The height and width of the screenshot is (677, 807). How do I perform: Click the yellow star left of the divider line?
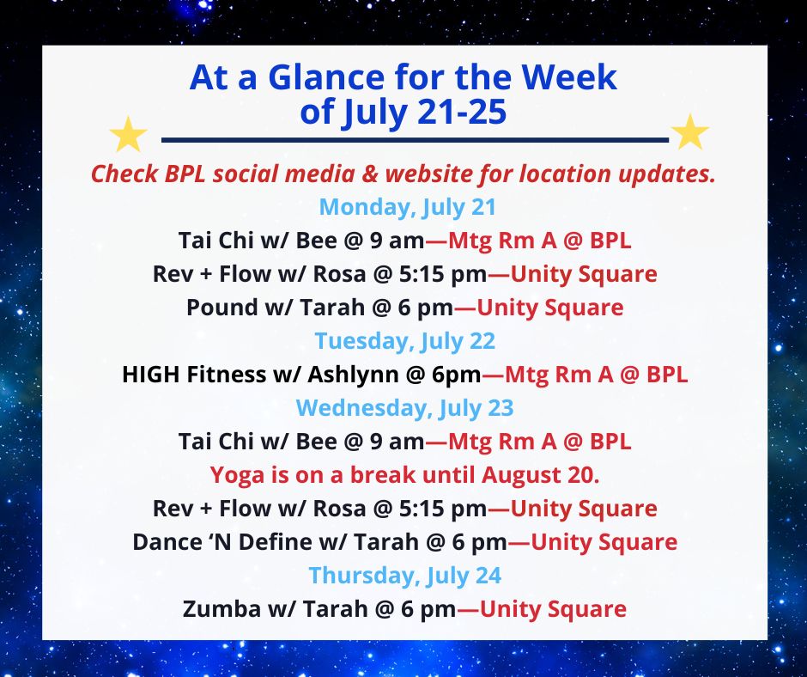tap(128, 134)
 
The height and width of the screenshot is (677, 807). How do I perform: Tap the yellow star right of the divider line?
tap(690, 132)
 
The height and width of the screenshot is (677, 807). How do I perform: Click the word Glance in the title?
tap(326, 77)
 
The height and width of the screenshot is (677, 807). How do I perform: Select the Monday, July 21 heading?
tap(408, 207)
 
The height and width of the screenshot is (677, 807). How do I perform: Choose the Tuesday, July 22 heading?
tap(405, 341)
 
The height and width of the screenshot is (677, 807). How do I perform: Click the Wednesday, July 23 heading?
tap(404, 408)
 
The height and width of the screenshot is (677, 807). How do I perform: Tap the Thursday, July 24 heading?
tap(405, 576)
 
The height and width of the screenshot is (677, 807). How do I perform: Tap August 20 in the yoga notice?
tap(540, 475)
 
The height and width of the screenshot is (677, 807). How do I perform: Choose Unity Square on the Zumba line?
tap(553, 609)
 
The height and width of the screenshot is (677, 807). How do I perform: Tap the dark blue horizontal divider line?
tap(415, 140)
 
